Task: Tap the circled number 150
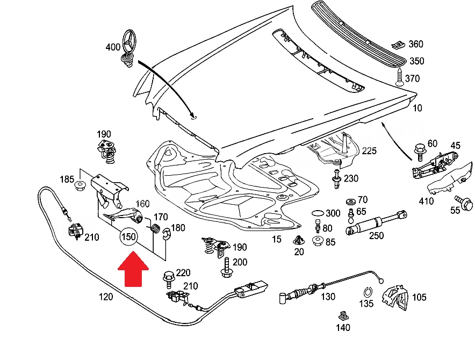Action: point(128,236)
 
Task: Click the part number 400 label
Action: point(113,47)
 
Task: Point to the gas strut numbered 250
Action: point(376,223)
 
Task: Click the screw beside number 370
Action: point(400,77)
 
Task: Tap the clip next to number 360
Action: point(398,45)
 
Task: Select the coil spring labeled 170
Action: point(155,228)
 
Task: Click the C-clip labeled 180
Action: point(167,233)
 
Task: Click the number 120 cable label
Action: point(106,297)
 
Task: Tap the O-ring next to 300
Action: point(317,213)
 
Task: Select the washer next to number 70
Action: point(350,202)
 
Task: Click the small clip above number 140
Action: point(343,316)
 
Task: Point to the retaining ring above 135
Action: point(368,292)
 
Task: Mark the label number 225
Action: point(369,151)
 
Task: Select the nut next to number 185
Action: point(80,185)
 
